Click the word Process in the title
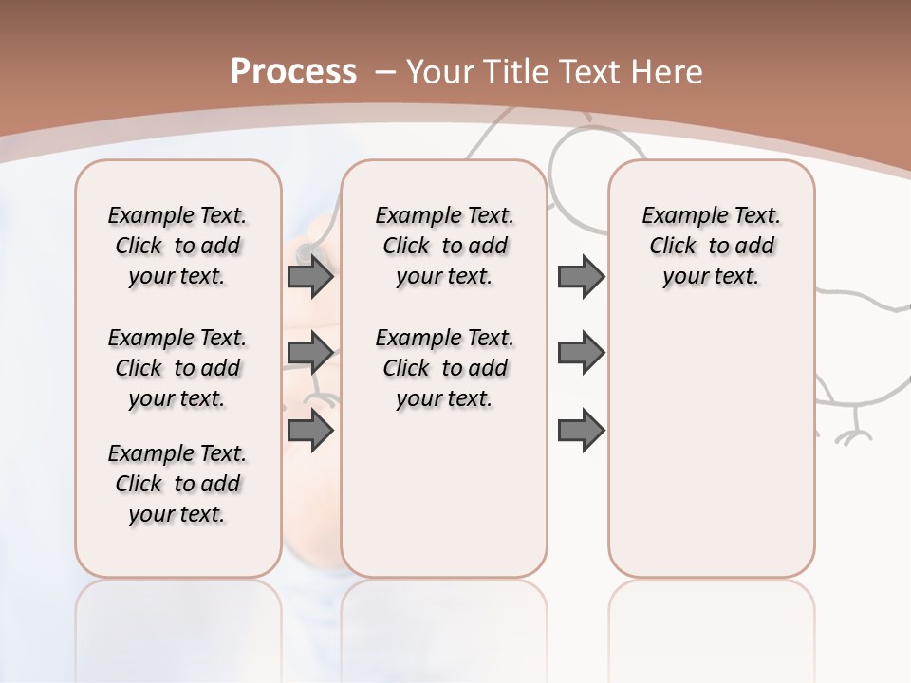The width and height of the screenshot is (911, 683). [293, 71]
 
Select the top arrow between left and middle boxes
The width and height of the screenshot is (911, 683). [310, 277]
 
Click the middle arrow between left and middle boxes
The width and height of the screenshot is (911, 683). [310, 353]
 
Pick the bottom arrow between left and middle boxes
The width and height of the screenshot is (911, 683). [310, 430]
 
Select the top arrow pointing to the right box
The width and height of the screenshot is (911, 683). [581, 277]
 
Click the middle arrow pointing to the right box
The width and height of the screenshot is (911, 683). [581, 353]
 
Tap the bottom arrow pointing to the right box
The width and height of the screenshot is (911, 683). [581, 430]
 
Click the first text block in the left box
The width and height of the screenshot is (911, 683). [177, 246]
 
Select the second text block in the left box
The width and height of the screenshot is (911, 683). [177, 368]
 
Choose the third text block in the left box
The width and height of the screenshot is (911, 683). [177, 484]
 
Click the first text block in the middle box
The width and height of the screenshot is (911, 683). [445, 246]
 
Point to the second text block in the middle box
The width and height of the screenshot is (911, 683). [445, 368]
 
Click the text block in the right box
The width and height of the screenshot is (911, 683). [712, 246]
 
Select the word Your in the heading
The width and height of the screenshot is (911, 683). [441, 71]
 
